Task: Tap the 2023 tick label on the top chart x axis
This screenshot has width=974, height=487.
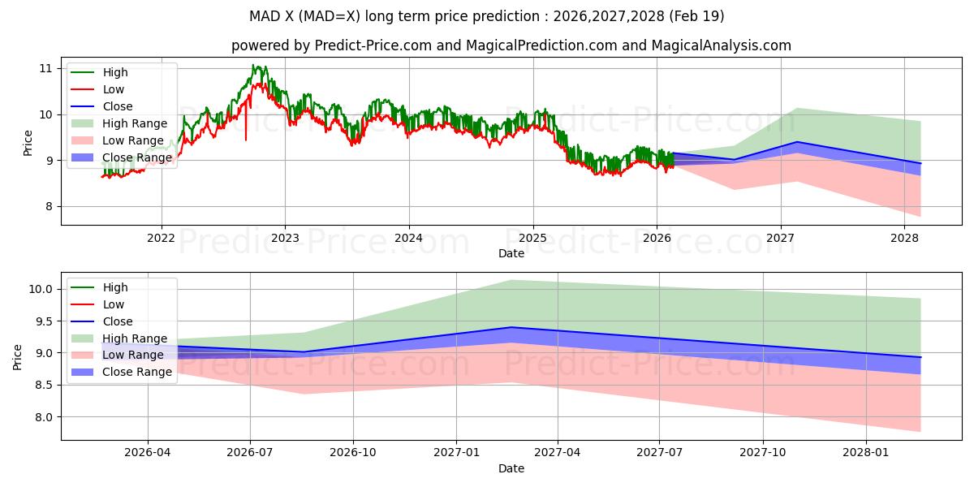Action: pos(285,237)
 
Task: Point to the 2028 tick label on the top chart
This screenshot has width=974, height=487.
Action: pos(904,237)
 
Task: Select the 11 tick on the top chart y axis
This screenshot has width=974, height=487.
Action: pos(45,68)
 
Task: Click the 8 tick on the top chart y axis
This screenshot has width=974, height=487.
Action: pos(49,206)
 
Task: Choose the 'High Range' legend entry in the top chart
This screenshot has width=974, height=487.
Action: pos(135,123)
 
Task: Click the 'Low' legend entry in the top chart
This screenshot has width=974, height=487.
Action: pos(114,89)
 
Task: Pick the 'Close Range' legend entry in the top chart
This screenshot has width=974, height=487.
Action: pos(137,157)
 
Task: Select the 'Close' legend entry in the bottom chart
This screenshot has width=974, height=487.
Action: pos(118,321)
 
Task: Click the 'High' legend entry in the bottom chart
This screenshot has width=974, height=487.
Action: pos(115,287)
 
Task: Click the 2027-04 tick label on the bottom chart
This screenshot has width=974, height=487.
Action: pos(558,453)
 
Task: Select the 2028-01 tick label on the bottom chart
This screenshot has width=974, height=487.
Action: pos(866,453)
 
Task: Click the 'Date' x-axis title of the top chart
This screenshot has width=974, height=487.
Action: pos(511,253)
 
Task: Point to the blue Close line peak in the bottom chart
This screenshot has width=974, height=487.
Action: pos(511,327)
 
